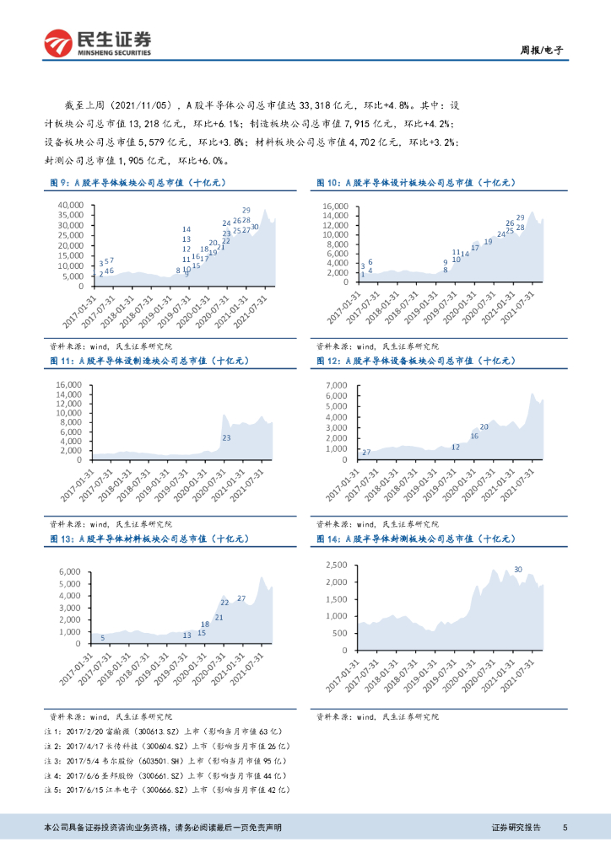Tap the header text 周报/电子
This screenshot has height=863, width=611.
[540, 51]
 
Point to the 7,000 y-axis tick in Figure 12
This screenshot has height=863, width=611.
[338, 384]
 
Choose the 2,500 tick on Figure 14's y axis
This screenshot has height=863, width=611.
[338, 565]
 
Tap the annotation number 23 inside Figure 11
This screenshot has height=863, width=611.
[226, 438]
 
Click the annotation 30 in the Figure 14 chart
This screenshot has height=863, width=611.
[517, 570]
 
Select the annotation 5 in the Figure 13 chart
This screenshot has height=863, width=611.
[103, 638]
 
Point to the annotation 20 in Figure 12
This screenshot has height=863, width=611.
[484, 427]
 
